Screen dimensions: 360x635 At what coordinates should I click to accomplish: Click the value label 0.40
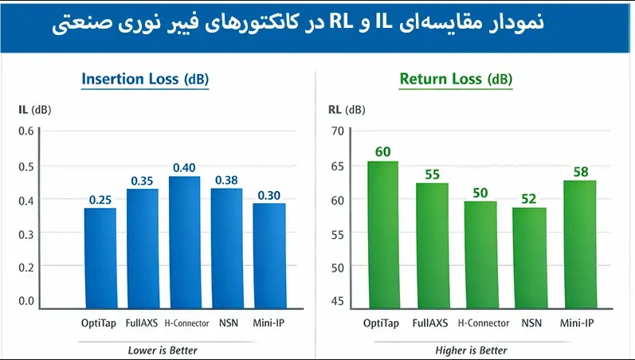(185, 167)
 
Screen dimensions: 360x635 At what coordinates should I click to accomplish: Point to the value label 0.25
(100, 198)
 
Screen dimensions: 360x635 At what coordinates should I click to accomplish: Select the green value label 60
(383, 151)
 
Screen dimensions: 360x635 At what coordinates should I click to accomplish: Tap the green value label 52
(529, 198)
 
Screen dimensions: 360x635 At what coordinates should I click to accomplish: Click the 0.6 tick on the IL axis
(26, 131)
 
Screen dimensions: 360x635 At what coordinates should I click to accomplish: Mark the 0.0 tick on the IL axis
(26, 301)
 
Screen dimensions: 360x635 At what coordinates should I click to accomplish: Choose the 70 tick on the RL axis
(336, 131)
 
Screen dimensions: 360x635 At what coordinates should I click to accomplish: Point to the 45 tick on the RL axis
(336, 301)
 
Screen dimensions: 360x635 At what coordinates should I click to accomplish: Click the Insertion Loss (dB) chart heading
(146, 79)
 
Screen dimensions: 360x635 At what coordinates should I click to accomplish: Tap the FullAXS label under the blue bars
(143, 323)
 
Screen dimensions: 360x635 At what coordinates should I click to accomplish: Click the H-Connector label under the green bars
(483, 323)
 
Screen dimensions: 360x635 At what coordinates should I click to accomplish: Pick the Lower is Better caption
(163, 350)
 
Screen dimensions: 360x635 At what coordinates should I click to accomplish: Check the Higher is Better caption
(471, 350)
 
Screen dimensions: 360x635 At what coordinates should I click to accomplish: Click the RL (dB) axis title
(347, 109)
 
